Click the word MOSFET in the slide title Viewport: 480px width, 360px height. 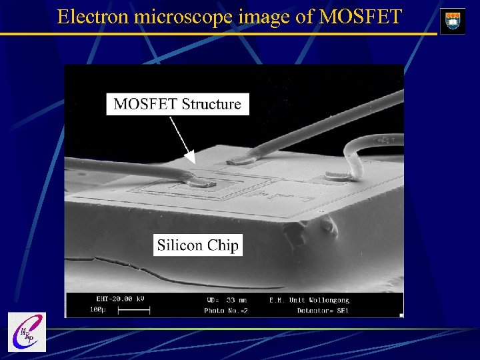point(361,16)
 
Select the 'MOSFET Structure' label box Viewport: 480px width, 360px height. point(177,104)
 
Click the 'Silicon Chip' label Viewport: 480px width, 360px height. point(197,245)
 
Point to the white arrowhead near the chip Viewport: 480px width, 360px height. point(190,158)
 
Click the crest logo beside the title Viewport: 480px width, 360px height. point(453,21)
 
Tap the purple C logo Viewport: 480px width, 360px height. point(27,331)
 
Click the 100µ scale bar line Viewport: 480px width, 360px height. point(137,310)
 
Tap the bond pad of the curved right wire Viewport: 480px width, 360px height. point(336,176)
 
